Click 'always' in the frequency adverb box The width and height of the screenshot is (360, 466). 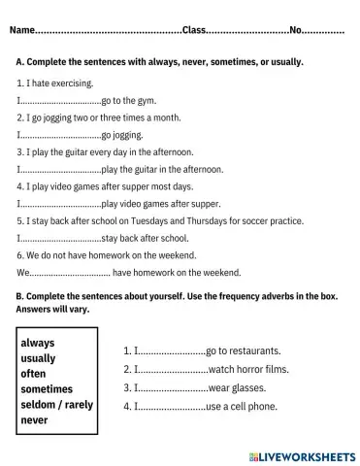tap(38, 343)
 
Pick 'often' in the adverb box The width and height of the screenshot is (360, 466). tap(34, 374)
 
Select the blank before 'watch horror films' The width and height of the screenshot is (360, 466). tap(172, 370)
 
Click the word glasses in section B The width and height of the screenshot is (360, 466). tap(247, 387)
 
